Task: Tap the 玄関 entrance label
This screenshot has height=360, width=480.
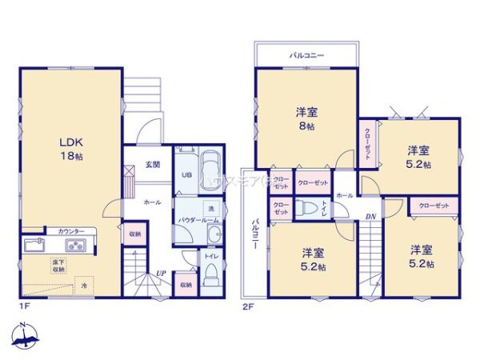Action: [152, 165]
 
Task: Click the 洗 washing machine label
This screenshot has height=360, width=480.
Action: [211, 210]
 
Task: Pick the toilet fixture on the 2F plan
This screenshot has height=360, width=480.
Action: [306, 208]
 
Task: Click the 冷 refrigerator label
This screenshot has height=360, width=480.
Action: [83, 286]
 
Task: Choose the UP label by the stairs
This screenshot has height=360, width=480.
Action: [161, 272]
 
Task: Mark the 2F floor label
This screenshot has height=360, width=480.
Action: [249, 306]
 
